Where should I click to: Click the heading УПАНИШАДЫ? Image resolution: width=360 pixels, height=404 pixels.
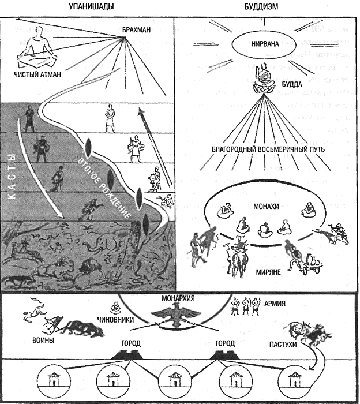point(91,6)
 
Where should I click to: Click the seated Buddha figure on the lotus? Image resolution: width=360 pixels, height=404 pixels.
point(263,78)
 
